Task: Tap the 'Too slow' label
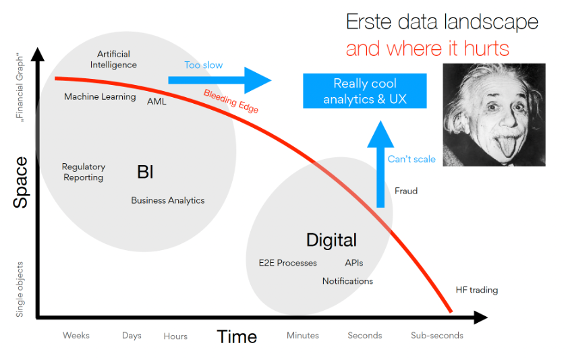pyautogui.click(x=203, y=65)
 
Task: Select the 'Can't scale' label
pyautogui.click(x=411, y=159)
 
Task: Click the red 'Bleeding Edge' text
pyautogui.click(x=231, y=101)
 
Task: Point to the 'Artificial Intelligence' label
pyautogui.click(x=113, y=59)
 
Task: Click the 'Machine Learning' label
pyautogui.click(x=100, y=96)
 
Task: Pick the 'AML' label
pyautogui.click(x=157, y=101)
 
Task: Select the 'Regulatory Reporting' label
pyautogui.click(x=84, y=172)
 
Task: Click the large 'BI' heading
pyautogui.click(x=145, y=173)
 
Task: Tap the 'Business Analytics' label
pyautogui.click(x=167, y=200)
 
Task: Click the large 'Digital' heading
pyautogui.click(x=331, y=240)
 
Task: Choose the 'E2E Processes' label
pyautogui.click(x=287, y=263)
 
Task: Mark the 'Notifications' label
pyautogui.click(x=347, y=281)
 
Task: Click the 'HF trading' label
pyautogui.click(x=476, y=290)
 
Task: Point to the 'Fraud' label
pyautogui.click(x=406, y=191)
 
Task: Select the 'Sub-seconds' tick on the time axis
pyautogui.click(x=437, y=335)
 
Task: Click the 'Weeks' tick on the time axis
pyautogui.click(x=76, y=335)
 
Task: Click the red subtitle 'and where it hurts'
pyautogui.click(x=428, y=49)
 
